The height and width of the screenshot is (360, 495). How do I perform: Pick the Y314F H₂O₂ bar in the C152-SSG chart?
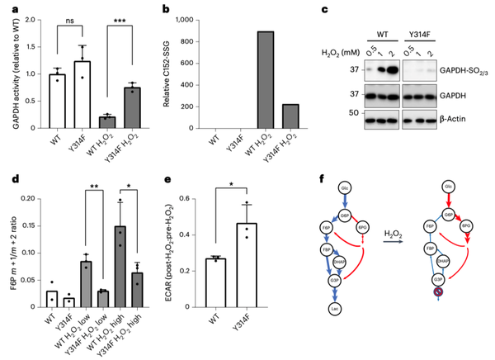tap(289, 116)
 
